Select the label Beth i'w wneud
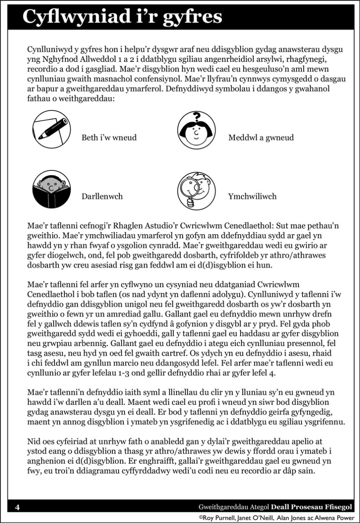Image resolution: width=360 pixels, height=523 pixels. pos(109,138)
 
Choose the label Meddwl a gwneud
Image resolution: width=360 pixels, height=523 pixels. pos(261,138)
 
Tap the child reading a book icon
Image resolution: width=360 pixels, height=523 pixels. pos(50,191)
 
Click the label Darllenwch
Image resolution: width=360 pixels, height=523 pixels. pos(102,197)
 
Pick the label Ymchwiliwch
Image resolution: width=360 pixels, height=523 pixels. pos(252,197)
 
